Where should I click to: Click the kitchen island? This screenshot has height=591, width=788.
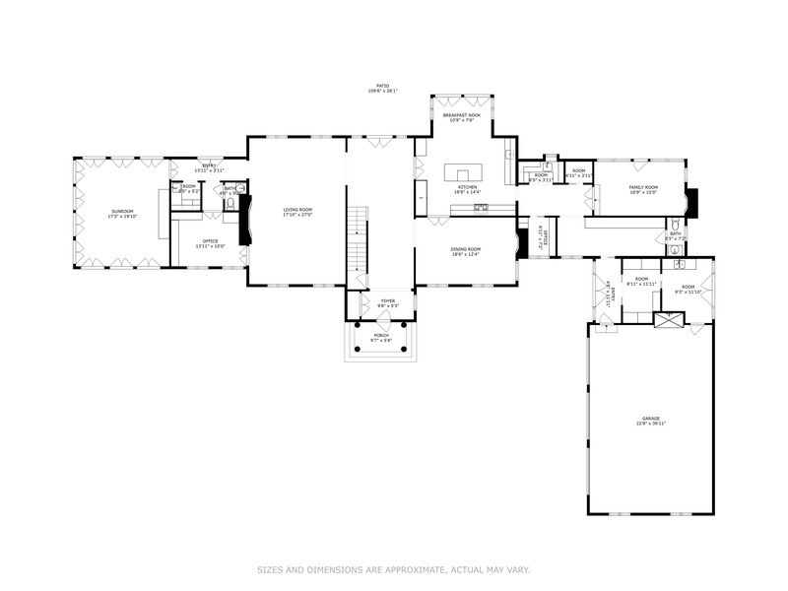point(466,173)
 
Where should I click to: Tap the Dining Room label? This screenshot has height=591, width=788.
point(465,251)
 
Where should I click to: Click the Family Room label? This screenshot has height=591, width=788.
point(643,189)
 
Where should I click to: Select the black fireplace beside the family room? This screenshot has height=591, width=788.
point(694,201)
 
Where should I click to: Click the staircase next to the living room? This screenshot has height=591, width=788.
point(359,241)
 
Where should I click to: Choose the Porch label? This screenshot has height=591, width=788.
point(380,337)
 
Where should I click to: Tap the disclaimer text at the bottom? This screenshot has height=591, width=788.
point(394,568)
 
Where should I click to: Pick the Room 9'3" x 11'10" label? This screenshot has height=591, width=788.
point(687,290)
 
